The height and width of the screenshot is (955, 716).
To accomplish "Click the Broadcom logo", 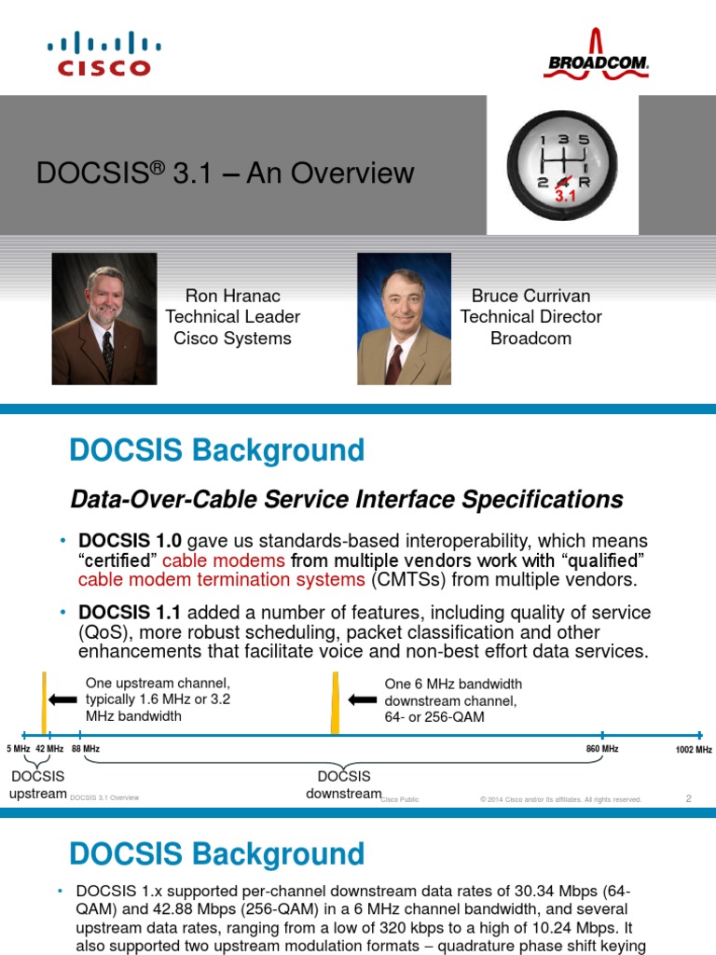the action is click(596, 54).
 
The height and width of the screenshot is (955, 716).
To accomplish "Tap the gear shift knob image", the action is click(562, 165).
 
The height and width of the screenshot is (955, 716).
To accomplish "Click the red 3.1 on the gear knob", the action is click(565, 196).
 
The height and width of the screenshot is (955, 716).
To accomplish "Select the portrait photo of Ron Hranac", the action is click(104, 319).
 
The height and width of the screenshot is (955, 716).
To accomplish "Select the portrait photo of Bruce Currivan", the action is click(405, 319).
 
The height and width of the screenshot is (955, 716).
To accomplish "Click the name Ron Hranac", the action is click(232, 296).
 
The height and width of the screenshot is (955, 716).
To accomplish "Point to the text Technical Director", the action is click(530, 317).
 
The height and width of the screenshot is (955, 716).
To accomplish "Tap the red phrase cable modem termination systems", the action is click(222, 579).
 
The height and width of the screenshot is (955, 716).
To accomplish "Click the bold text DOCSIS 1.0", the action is click(130, 541).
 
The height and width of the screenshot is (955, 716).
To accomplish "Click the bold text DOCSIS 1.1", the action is click(130, 612).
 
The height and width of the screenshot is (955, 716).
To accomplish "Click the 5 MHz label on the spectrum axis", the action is click(19, 749).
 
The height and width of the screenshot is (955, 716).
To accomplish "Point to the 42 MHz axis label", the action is click(49, 749).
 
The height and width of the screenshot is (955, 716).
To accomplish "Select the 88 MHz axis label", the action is click(86, 749).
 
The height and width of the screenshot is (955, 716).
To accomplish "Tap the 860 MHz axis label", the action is click(602, 749).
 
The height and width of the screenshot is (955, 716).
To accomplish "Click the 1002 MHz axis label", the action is click(694, 749).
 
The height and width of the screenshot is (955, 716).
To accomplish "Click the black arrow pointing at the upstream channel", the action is click(62, 699).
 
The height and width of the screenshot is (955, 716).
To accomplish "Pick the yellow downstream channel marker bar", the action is click(335, 702).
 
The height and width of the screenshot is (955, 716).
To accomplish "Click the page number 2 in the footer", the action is click(689, 798).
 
